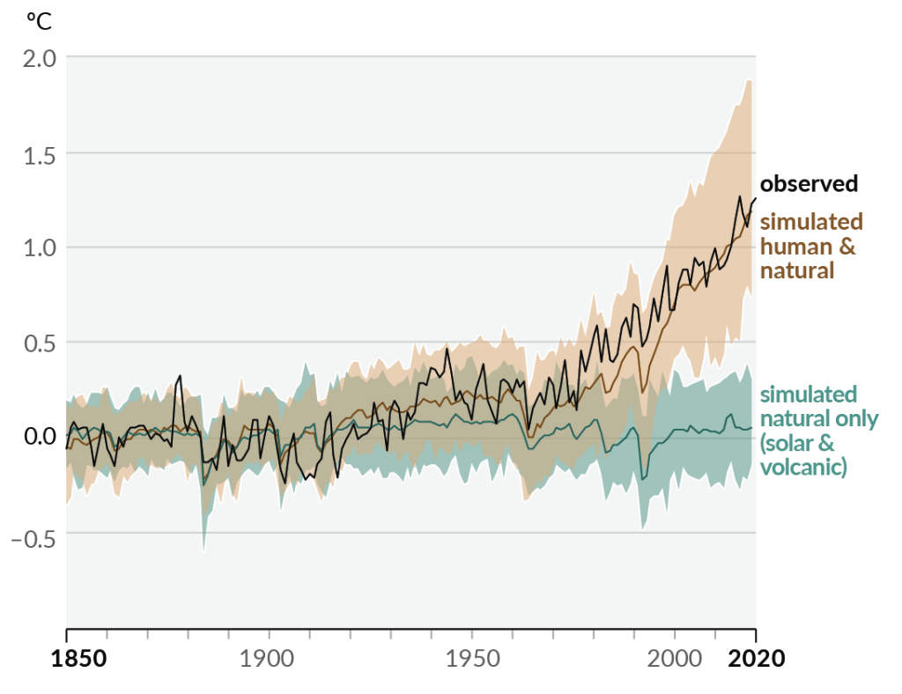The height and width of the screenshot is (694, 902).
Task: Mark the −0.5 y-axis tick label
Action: (x=33, y=537)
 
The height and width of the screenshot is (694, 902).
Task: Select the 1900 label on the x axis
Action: (x=268, y=659)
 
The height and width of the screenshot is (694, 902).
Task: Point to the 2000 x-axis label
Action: (x=675, y=659)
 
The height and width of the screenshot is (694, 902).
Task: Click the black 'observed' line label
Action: (x=808, y=183)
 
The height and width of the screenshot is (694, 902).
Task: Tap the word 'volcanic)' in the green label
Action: (x=802, y=466)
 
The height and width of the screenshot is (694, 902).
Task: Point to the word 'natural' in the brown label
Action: (x=796, y=269)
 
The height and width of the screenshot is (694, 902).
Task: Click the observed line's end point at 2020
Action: (x=755, y=197)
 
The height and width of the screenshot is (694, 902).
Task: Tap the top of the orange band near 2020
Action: (x=750, y=80)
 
